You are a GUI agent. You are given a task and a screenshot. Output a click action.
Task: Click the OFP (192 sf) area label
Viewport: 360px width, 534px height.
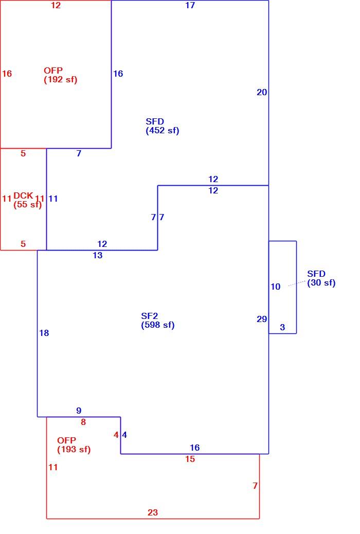click(x=61, y=75)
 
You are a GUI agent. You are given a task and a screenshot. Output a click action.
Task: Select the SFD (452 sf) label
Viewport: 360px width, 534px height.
click(x=163, y=126)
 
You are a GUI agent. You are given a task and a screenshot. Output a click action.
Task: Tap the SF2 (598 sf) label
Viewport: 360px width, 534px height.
click(x=158, y=321)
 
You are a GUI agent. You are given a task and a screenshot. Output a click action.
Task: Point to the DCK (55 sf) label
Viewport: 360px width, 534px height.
click(x=28, y=200)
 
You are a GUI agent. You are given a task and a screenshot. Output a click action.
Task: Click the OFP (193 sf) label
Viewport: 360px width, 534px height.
click(x=74, y=445)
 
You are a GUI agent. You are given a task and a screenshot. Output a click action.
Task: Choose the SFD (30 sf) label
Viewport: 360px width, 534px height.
click(x=321, y=278)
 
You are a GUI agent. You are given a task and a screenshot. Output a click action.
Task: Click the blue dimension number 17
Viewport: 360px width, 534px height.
click(x=190, y=5)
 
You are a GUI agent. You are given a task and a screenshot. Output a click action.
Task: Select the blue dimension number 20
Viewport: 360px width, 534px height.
click(x=262, y=92)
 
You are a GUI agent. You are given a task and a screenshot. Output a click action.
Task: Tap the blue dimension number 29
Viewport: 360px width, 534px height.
click(x=262, y=319)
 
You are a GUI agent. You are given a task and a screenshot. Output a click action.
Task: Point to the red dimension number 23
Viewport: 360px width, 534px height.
click(x=153, y=512)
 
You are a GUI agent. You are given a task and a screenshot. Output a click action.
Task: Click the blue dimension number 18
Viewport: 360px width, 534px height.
click(x=44, y=333)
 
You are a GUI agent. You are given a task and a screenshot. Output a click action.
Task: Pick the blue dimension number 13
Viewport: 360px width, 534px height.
click(x=97, y=255)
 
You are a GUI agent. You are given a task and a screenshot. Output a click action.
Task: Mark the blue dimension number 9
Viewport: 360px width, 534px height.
click(x=79, y=411)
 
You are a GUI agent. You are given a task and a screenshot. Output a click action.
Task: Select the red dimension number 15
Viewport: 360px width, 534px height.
click(x=190, y=459)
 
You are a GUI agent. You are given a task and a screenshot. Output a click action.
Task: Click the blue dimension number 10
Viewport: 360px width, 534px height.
click(x=275, y=287)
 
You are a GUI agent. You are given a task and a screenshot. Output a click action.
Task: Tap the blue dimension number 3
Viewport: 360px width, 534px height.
click(x=282, y=327)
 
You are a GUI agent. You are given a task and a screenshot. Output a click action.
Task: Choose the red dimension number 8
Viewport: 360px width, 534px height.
click(x=83, y=422)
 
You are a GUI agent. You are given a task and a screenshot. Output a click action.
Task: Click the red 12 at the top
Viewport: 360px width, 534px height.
click(x=56, y=6)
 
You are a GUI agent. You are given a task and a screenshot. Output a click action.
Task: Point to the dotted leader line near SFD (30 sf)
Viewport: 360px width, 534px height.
click(x=297, y=283)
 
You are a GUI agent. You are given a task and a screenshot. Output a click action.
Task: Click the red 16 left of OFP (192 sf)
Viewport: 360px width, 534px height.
click(x=7, y=74)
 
